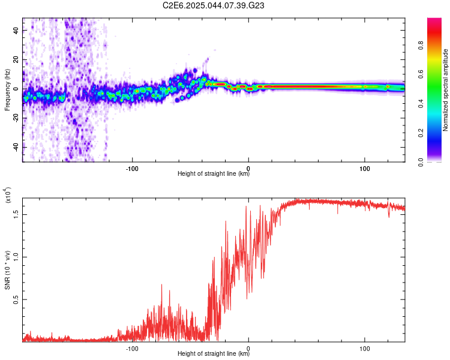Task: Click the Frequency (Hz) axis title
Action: click(x=7, y=90)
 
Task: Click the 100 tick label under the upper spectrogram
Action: click(x=365, y=167)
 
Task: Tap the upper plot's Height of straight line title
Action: click(x=214, y=174)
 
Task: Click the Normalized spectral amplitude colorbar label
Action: click(x=446, y=90)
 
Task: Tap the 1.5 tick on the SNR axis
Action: click(x=16, y=213)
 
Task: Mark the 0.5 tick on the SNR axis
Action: click(x=16, y=299)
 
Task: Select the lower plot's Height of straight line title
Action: click(x=214, y=354)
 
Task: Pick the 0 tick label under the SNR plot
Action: click(x=248, y=347)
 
